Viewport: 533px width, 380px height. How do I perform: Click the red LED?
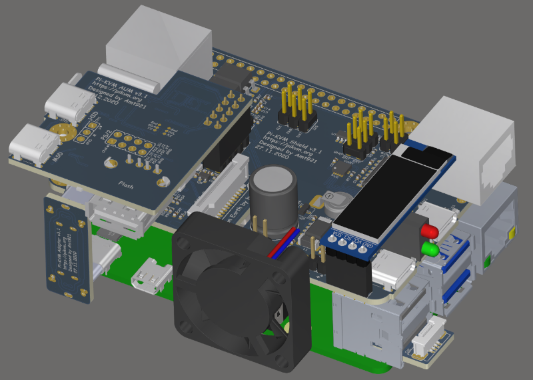coord(428,231)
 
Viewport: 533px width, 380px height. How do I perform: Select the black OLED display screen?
coord(393,193)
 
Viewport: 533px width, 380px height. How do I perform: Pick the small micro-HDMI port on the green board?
coord(149,279)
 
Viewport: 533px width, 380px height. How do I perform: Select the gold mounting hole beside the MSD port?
coord(65,133)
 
